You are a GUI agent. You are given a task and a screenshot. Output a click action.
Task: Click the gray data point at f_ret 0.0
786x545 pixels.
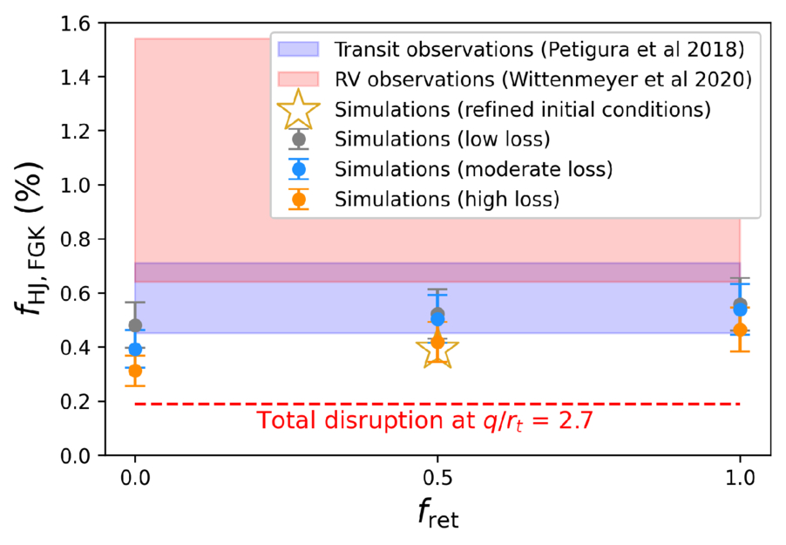(x=135, y=325)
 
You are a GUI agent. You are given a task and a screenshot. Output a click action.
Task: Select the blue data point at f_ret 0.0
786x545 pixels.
(x=135, y=349)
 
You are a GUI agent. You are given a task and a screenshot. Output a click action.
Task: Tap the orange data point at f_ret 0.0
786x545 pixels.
(x=135, y=371)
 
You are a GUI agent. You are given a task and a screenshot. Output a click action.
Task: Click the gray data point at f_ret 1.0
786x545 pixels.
(x=740, y=304)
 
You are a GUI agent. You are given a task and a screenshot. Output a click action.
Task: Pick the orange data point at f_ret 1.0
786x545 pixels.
(x=740, y=330)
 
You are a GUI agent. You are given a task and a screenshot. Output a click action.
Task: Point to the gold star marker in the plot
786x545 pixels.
(x=437, y=348)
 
